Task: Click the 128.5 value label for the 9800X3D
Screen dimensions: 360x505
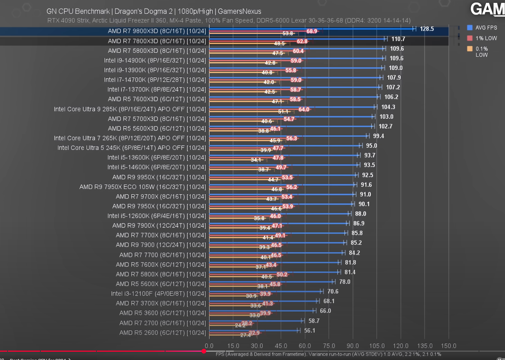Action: click(x=427, y=29)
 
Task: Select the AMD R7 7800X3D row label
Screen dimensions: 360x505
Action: click(x=157, y=41)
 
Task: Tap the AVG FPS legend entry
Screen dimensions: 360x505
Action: click(x=486, y=28)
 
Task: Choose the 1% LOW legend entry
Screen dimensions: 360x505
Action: click(x=486, y=38)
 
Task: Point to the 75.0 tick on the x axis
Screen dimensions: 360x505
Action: click(x=329, y=346)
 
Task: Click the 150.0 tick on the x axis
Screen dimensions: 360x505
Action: click(x=448, y=346)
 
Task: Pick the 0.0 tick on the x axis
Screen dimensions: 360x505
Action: click(x=209, y=346)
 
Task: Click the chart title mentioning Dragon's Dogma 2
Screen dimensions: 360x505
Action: click(x=154, y=12)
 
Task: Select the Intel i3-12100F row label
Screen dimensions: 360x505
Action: click(x=158, y=294)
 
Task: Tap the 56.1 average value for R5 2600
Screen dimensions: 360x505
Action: click(x=310, y=330)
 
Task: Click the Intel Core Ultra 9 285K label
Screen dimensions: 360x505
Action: click(x=130, y=109)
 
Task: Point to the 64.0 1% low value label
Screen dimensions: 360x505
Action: click(x=304, y=109)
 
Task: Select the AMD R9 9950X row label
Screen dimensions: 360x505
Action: click(x=159, y=177)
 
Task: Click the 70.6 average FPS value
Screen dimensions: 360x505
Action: click(x=333, y=291)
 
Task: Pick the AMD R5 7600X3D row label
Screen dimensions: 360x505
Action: click(x=157, y=99)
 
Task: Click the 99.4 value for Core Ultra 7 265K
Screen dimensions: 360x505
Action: click(x=378, y=136)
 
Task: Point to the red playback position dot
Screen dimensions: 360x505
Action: click(x=204, y=351)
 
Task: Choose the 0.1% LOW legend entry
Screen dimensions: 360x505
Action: click(x=482, y=52)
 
